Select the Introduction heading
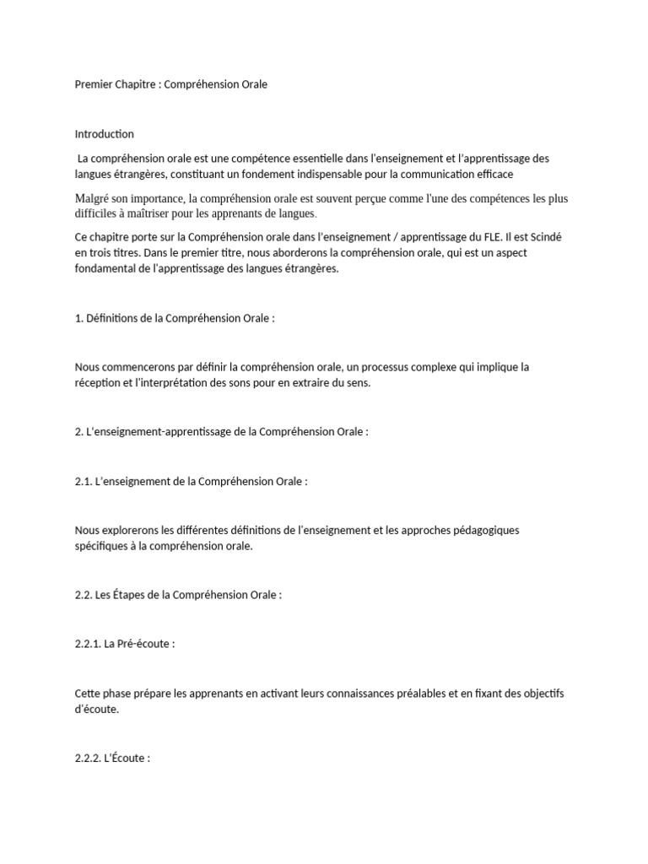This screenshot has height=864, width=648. tap(104, 134)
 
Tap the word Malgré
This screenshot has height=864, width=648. tap(94, 198)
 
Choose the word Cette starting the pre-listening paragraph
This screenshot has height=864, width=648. tap(89, 694)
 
